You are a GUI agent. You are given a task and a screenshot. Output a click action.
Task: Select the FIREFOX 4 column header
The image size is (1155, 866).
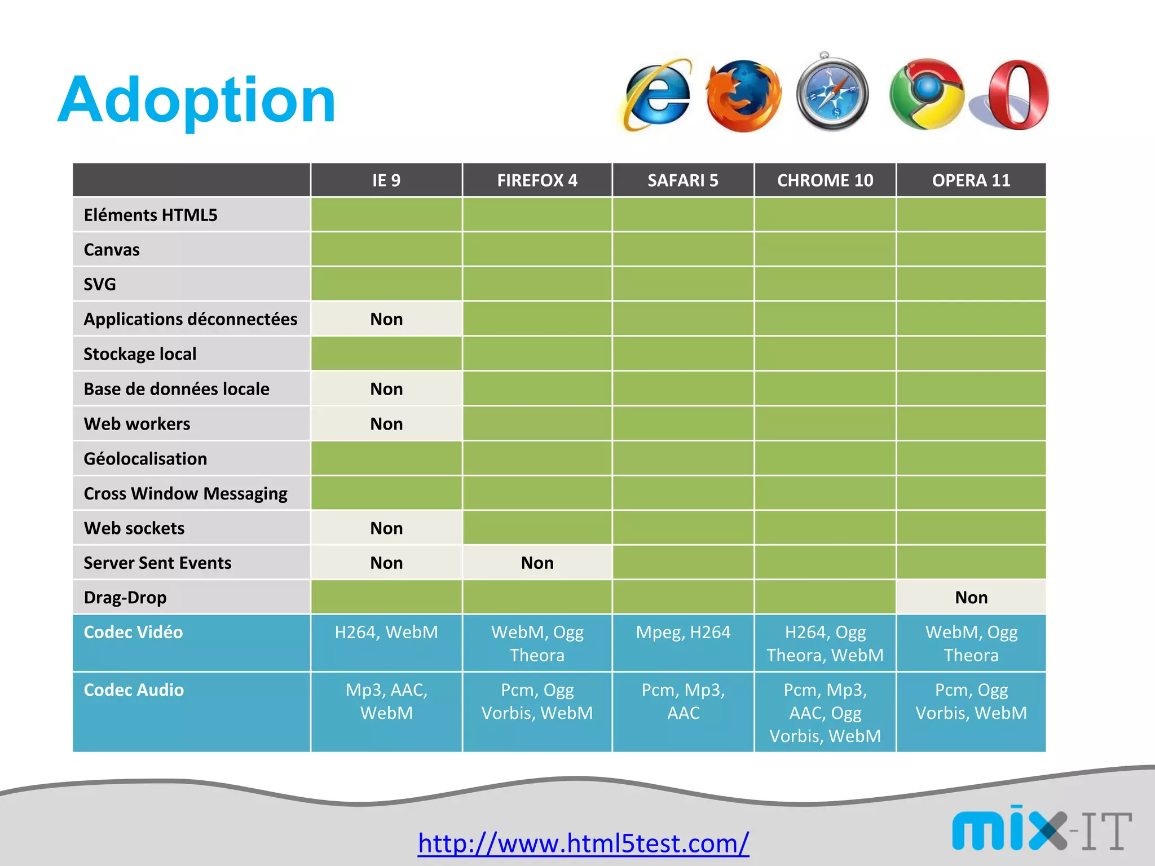point(537,180)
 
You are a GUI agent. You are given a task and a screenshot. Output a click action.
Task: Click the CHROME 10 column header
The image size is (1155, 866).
point(825,180)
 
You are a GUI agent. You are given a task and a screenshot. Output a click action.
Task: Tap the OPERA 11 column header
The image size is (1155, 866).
point(971,180)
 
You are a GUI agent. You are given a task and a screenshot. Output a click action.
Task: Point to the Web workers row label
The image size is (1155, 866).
point(137,424)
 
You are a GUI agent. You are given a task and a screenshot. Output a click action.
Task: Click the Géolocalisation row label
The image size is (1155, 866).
point(146,459)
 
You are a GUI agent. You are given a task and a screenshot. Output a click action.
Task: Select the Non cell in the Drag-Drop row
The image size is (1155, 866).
point(971,598)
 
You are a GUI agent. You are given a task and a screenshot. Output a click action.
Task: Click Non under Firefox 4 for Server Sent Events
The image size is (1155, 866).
point(537,563)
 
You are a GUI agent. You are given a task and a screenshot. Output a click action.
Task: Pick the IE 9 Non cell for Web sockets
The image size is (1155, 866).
point(386,528)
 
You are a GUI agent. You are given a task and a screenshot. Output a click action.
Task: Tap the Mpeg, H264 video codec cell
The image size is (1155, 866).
point(683,633)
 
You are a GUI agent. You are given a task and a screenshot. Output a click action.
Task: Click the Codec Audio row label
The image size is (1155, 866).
point(134,690)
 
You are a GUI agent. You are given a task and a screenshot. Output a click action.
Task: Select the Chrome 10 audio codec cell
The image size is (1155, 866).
point(825,713)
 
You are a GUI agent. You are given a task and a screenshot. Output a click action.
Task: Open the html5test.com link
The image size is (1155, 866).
point(583,843)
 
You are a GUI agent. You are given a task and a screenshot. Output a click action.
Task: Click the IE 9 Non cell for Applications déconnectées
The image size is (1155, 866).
point(386,319)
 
